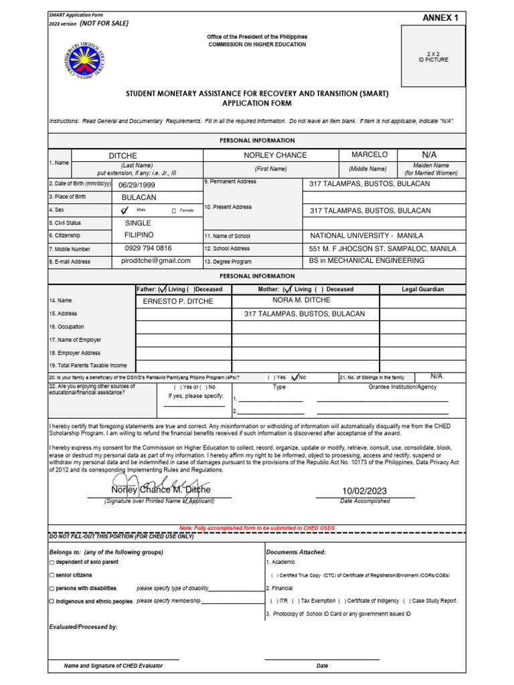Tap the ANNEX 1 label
tap(440, 18)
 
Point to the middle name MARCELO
tap(369, 155)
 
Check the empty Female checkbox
tap(173, 211)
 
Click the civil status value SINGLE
tap(139, 223)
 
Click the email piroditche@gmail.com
tap(156, 261)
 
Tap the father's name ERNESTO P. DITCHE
tap(178, 301)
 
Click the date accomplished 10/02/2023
tap(364, 491)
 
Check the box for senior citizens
tap(52, 575)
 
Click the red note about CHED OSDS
tap(257, 528)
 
